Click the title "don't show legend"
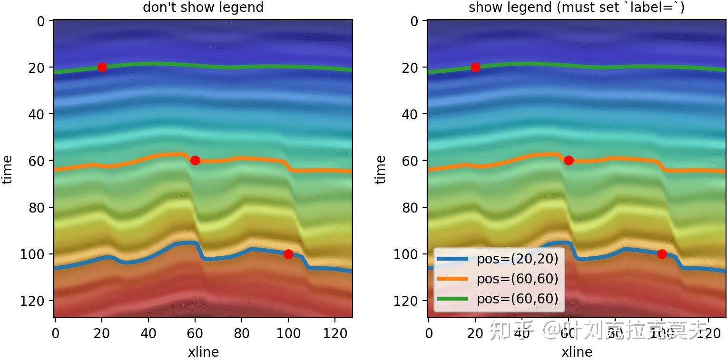[203, 8]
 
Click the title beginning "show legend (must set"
[576, 8]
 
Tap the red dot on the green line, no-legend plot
[101, 67]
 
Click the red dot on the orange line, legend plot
[568, 160]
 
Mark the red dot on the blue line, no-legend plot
[288, 254]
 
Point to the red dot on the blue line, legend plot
[662, 254]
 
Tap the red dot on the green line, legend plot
[475, 67]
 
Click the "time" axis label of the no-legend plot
[7, 169]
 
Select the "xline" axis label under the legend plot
[577, 352]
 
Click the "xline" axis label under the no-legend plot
[203, 352]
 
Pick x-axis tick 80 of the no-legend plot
[242, 333]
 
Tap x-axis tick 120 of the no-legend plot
[335, 333]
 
